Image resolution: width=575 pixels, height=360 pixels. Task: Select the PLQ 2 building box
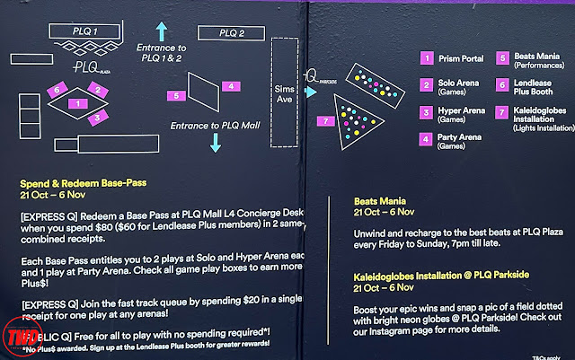(x=230, y=35)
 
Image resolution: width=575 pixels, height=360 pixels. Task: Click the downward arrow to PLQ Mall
(x=216, y=141)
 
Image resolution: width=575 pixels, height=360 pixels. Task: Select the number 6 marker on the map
(x=57, y=91)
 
